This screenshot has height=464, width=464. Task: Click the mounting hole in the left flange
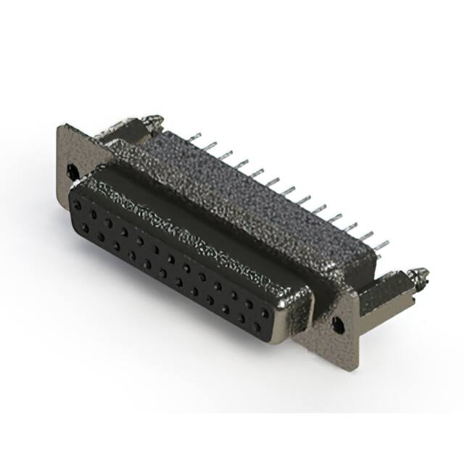pos(72,171)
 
